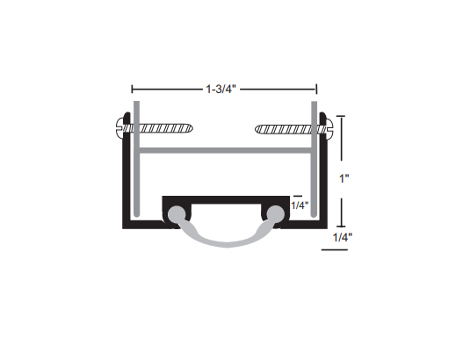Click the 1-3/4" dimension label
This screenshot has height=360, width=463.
click(223, 88)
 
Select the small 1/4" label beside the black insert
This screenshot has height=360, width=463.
click(300, 206)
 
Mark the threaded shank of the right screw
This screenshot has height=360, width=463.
click(286, 129)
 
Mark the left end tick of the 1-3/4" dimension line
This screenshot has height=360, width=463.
click(132, 89)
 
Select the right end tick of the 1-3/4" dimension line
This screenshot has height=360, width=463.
click(316, 89)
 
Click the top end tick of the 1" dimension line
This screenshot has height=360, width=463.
click(341, 118)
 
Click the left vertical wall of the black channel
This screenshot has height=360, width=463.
click(123, 176)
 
